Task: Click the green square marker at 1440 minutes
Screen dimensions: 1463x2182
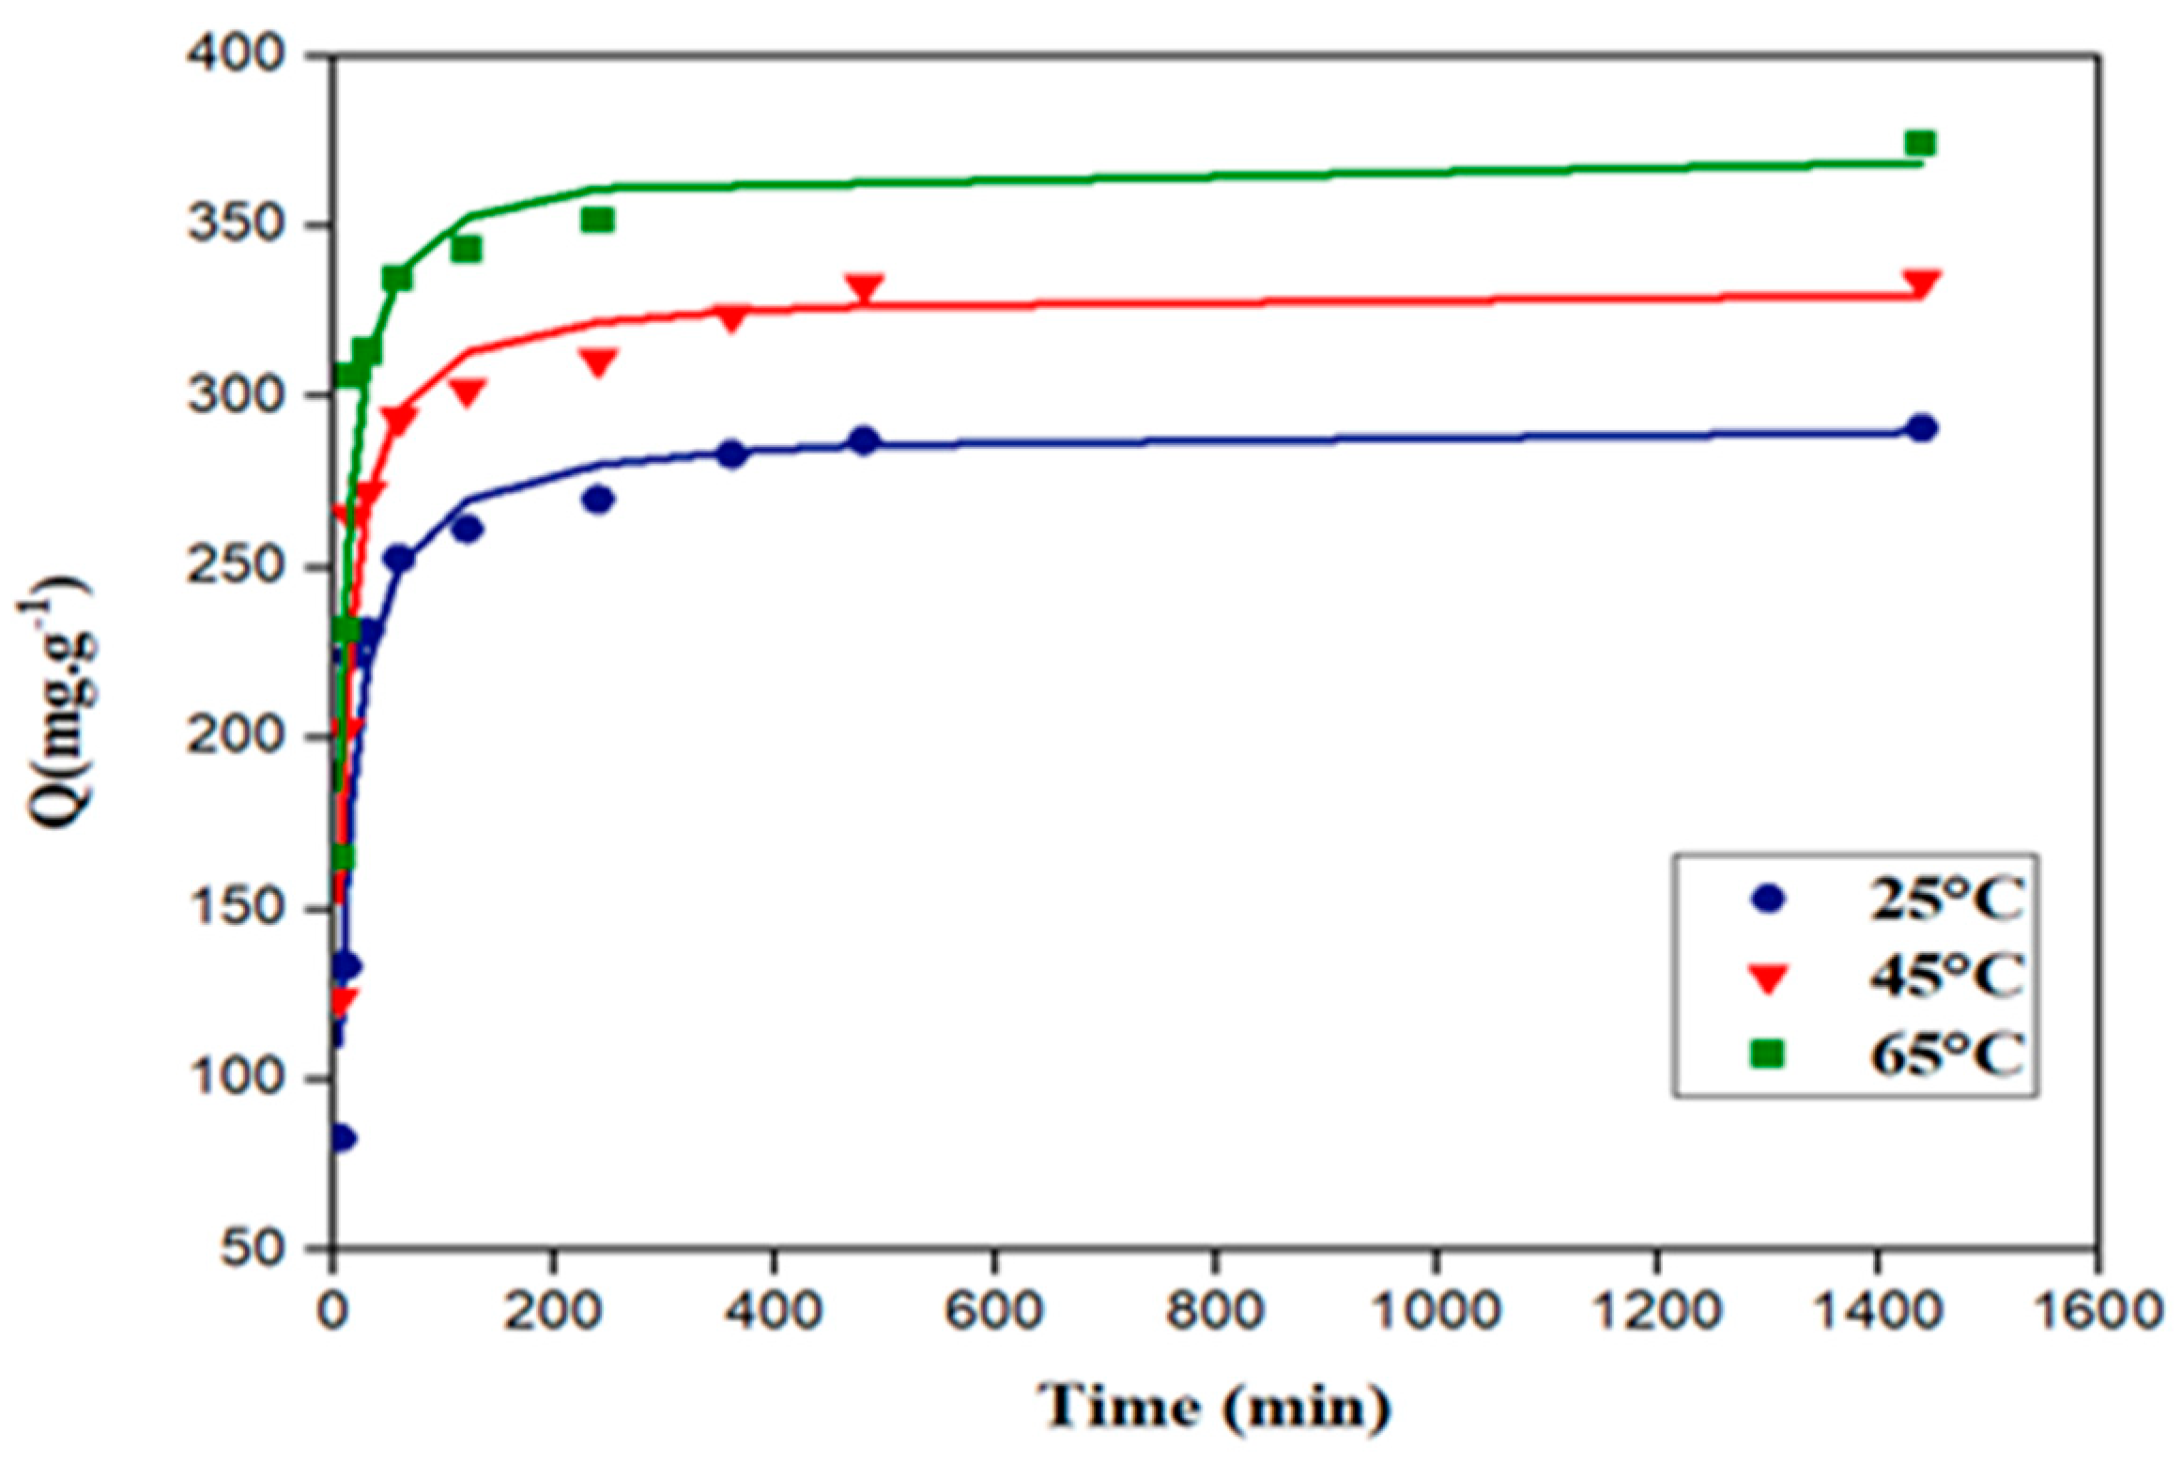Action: pyautogui.click(x=1920, y=144)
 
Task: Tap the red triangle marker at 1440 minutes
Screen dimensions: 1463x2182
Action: pyautogui.click(x=1920, y=283)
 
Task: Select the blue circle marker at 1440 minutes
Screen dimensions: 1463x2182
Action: pyautogui.click(x=1921, y=428)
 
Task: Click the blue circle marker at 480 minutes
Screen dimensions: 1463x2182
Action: pyautogui.click(x=864, y=440)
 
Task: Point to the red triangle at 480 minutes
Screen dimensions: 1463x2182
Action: pyautogui.click(x=864, y=288)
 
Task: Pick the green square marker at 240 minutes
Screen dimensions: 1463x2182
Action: pyautogui.click(x=597, y=220)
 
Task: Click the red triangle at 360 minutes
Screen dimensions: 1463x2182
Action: pyautogui.click(x=731, y=318)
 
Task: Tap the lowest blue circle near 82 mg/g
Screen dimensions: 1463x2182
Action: pyautogui.click(x=342, y=1138)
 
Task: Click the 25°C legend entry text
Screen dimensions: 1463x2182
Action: pyautogui.click(x=1944, y=900)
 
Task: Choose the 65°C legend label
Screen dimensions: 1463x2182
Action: pyautogui.click(x=1944, y=1055)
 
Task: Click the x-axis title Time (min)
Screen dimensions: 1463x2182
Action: pyautogui.click(x=1214, y=1407)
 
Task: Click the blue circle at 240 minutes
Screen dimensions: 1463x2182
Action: pyautogui.click(x=598, y=500)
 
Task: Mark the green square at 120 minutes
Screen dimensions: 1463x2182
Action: pyautogui.click(x=466, y=250)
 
